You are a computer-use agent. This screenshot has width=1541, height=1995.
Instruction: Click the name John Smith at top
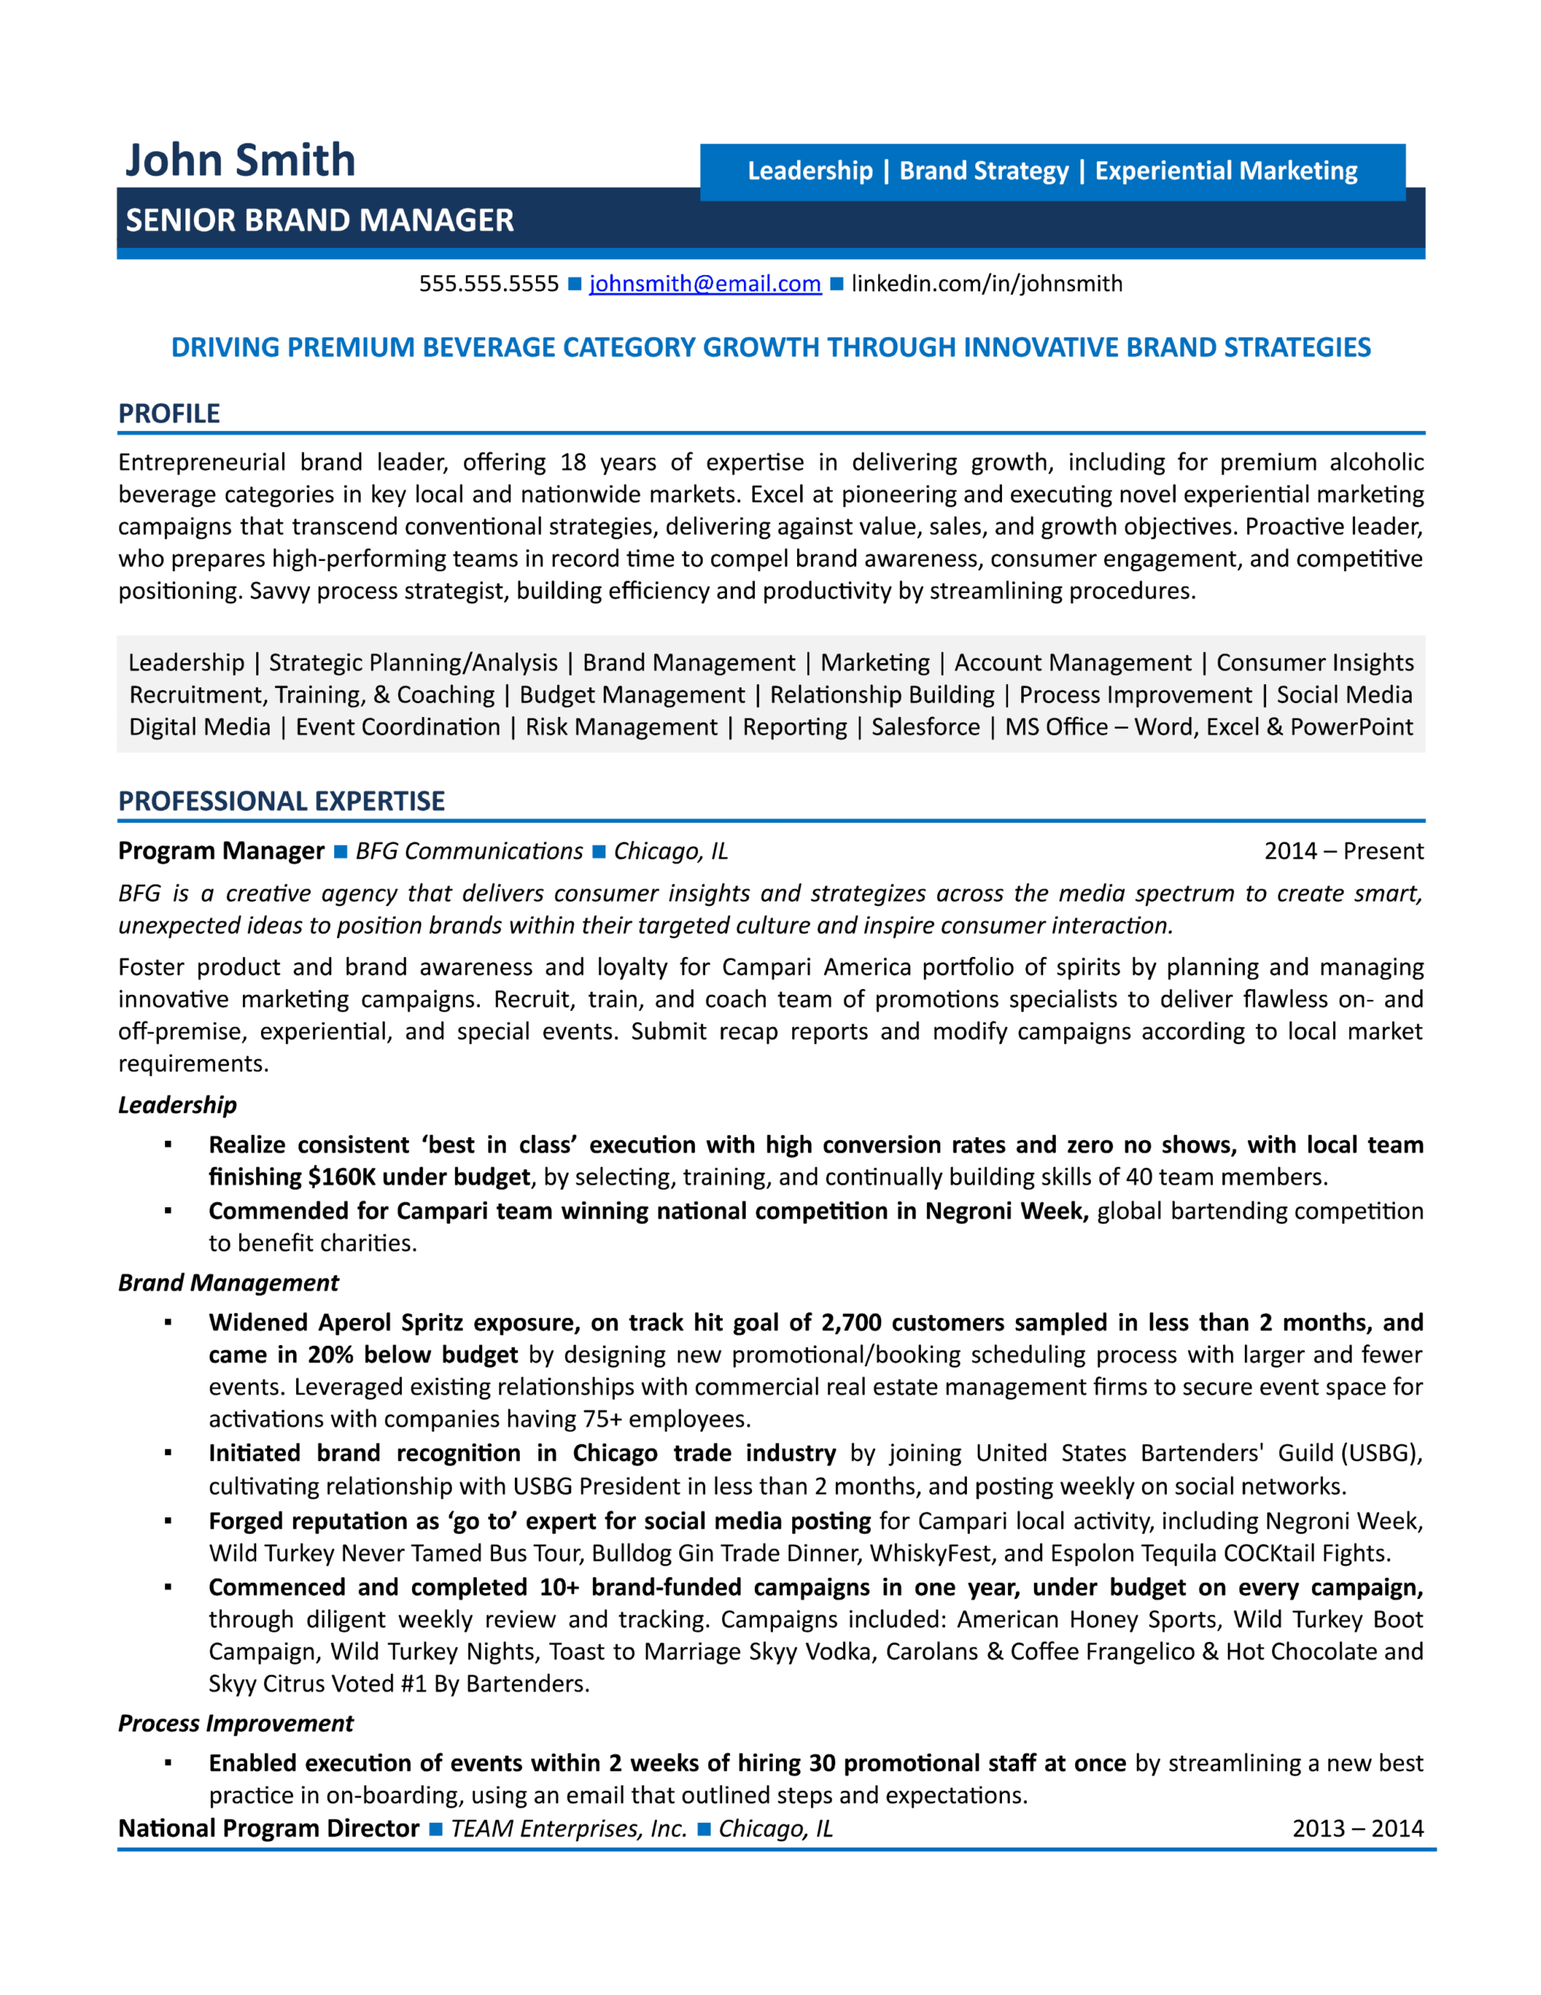click(x=239, y=160)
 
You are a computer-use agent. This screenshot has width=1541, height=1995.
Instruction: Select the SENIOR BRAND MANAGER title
click(x=319, y=220)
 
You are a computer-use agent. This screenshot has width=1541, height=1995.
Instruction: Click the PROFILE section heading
click(x=169, y=414)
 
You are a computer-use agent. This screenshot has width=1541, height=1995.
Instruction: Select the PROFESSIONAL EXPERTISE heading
click(x=280, y=801)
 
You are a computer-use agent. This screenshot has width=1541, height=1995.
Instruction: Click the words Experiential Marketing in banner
click(x=1225, y=171)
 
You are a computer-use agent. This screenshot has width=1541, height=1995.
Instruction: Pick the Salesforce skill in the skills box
click(x=925, y=727)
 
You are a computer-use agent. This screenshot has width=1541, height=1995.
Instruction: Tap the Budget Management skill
click(x=631, y=695)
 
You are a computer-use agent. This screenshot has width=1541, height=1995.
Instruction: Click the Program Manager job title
click(x=221, y=851)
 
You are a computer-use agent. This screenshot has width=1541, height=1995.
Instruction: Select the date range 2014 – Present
click(x=1343, y=851)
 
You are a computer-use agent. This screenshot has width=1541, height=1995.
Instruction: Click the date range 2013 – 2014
click(x=1356, y=1829)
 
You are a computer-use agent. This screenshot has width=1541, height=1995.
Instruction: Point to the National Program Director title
click(x=268, y=1829)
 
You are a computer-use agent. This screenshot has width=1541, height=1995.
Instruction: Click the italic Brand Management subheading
click(x=227, y=1283)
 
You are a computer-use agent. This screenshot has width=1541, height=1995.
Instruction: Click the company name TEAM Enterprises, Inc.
click(x=567, y=1829)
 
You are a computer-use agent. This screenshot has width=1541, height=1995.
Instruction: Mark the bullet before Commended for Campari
click(x=168, y=1211)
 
